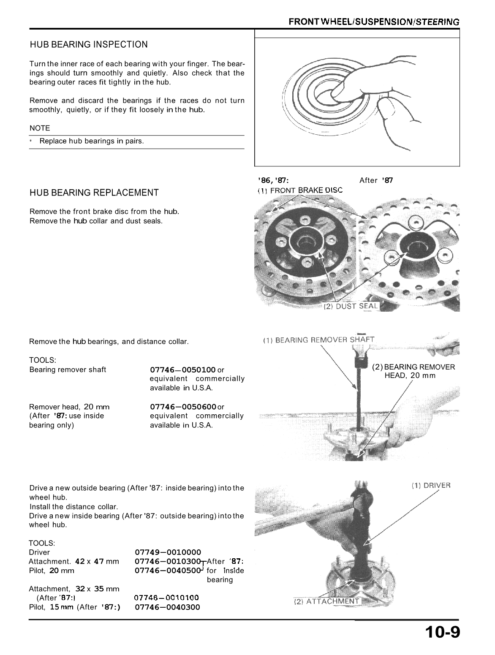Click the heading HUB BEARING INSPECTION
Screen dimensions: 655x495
click(x=89, y=45)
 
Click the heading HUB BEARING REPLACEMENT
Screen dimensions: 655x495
click(x=94, y=193)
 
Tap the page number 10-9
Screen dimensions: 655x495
click(x=442, y=633)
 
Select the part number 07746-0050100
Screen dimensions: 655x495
click(x=183, y=370)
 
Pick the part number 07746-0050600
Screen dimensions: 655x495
click(x=183, y=407)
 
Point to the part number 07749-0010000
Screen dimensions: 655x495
click(x=168, y=552)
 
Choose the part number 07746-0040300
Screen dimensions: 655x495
click(x=167, y=607)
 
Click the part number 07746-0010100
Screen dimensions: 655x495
click(x=166, y=598)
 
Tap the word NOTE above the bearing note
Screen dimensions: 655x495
click(x=40, y=128)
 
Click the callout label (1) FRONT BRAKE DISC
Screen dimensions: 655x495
click(x=300, y=190)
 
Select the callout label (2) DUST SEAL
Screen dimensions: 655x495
click(x=351, y=307)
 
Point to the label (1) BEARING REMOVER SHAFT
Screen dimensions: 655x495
click(x=318, y=340)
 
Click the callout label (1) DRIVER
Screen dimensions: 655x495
click(x=431, y=486)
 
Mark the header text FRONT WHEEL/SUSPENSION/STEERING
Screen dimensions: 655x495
click(x=373, y=22)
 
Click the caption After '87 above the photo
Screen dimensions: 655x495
click(x=376, y=181)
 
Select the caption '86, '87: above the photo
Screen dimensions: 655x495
click(x=273, y=181)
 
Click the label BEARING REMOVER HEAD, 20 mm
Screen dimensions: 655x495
click(x=414, y=371)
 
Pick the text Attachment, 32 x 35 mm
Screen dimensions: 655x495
click(x=74, y=589)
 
